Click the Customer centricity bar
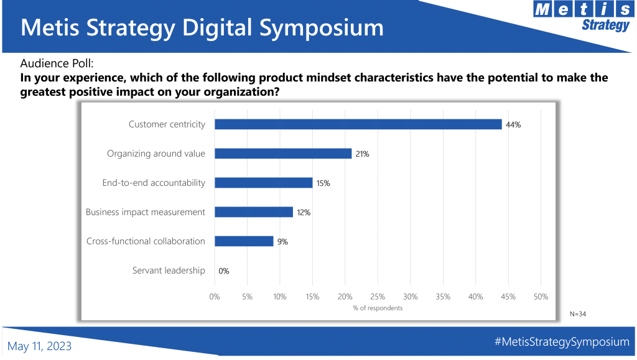[x=358, y=124]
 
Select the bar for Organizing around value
[x=283, y=154]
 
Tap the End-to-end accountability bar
[x=264, y=183]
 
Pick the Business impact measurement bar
[x=254, y=212]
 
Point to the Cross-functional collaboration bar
[x=244, y=241]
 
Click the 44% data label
[x=513, y=124]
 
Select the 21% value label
[x=363, y=154]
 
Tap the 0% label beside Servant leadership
[x=224, y=270]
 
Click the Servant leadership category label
[x=169, y=270]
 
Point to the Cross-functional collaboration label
[x=146, y=241]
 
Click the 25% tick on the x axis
[x=378, y=297]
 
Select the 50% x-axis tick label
[x=541, y=297]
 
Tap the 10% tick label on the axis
[x=280, y=297]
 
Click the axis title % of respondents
[x=378, y=308]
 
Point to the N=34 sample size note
[x=578, y=314]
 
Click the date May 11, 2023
[x=39, y=346]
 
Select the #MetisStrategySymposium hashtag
[x=562, y=342]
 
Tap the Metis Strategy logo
[x=583, y=16]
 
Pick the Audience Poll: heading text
[x=57, y=63]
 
